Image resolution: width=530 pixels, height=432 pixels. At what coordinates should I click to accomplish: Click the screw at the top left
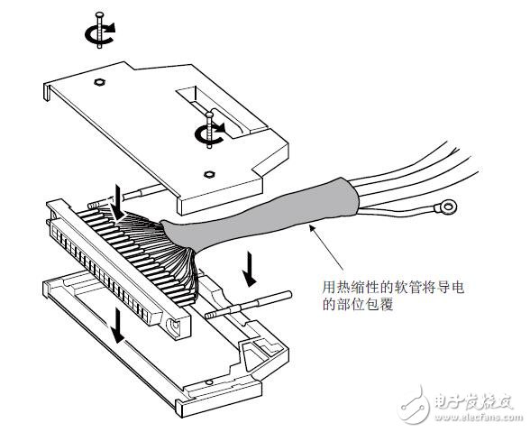tap(99, 30)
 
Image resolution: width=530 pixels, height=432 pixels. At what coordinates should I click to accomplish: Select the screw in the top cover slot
tap(209, 129)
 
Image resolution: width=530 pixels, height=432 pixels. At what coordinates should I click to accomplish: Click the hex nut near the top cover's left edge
tap(99, 82)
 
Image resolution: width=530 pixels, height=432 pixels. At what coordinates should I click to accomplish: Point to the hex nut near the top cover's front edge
tap(208, 175)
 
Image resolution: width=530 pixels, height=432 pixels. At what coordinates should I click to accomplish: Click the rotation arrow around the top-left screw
tap(100, 34)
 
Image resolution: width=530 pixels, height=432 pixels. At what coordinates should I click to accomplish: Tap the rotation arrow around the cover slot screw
tap(209, 133)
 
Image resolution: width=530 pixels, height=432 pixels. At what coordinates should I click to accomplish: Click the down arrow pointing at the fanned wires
tap(117, 204)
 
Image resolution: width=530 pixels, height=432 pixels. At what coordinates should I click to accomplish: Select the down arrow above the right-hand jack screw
tap(251, 269)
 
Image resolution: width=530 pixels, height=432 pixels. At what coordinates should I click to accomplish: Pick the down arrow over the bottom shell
tap(118, 325)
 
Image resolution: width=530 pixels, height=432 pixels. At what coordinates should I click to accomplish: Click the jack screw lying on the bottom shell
tap(248, 305)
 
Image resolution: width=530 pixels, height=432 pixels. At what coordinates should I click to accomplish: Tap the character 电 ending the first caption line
tap(458, 288)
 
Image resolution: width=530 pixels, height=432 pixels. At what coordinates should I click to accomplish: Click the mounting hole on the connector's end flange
tap(175, 325)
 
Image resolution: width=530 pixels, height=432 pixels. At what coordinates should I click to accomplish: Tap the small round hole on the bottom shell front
tap(209, 382)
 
